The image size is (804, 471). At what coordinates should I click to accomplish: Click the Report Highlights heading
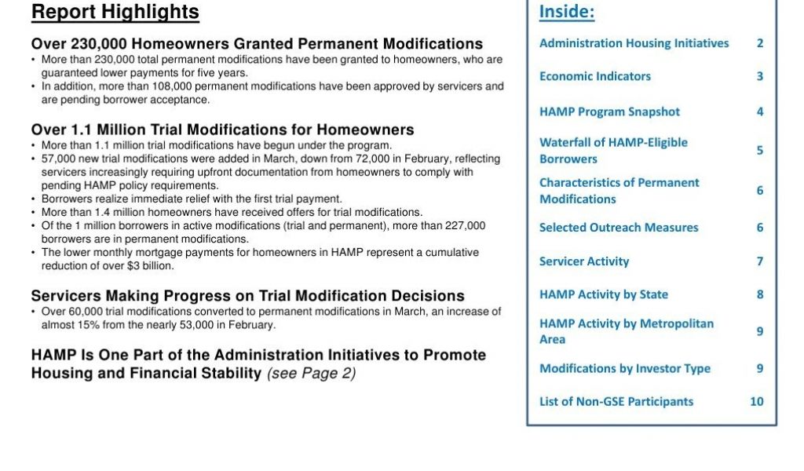point(115,12)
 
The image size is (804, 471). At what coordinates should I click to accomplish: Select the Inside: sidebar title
point(567,12)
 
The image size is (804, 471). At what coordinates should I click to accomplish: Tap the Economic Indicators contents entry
point(594,76)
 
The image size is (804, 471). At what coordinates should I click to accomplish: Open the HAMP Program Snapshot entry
point(609,111)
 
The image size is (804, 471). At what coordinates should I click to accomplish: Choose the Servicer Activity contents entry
point(583,261)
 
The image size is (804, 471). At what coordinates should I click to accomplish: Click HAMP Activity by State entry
point(603,294)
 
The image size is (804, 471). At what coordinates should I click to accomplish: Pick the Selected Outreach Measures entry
point(618,228)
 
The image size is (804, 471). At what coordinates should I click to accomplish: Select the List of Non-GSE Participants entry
point(616,401)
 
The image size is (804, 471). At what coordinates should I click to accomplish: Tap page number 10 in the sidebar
point(756,401)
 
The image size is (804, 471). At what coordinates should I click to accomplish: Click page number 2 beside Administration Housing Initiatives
point(759,43)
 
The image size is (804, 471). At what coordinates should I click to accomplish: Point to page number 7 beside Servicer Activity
point(759,261)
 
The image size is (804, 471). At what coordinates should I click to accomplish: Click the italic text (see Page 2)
point(311,374)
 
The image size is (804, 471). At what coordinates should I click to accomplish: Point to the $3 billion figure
point(142,265)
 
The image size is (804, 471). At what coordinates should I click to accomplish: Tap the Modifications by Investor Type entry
point(624,368)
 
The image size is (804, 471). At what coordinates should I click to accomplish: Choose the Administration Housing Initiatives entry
point(634,43)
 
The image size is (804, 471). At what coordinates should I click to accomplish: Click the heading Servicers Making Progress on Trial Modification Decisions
point(247,296)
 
